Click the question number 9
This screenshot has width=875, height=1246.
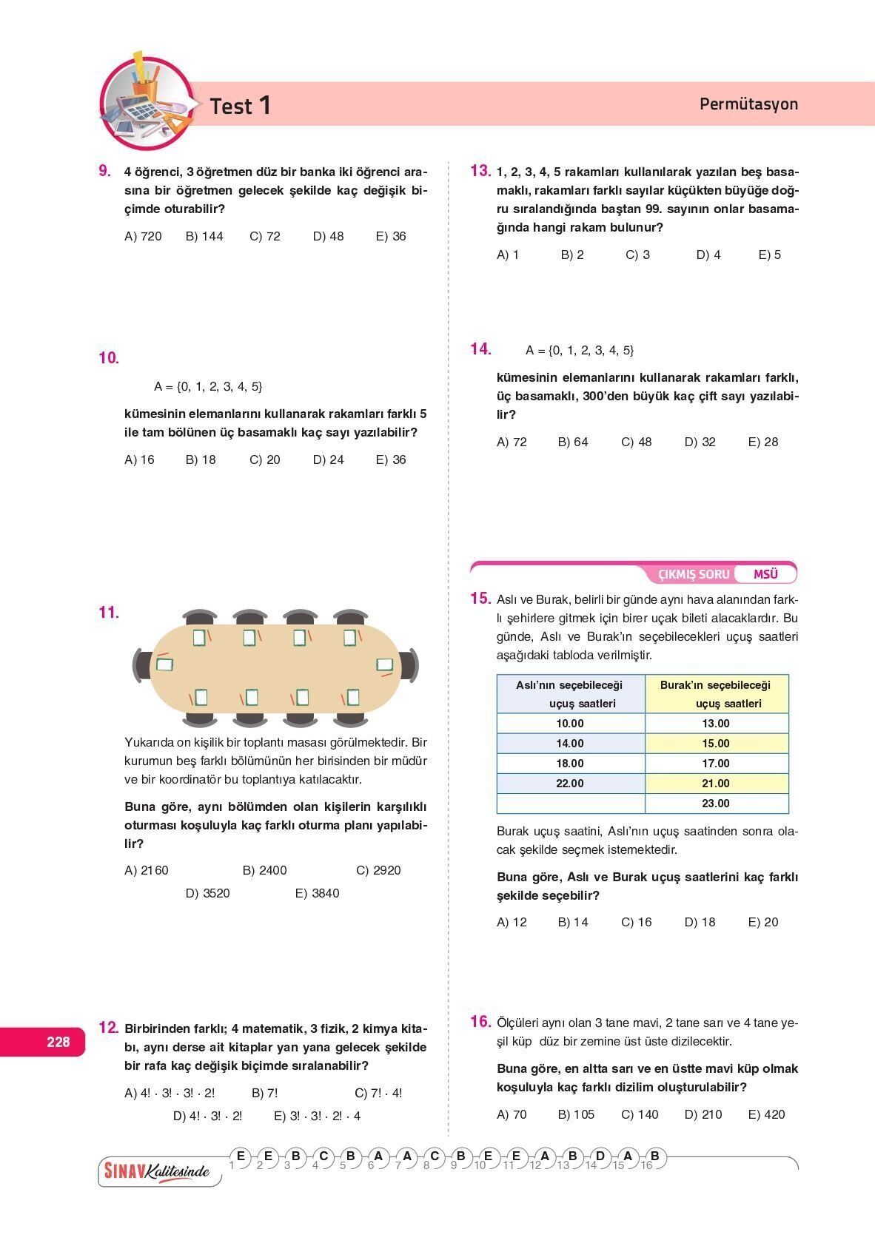[104, 171]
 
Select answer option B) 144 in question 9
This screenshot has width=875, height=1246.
[204, 237]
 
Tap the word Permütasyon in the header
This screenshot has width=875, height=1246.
[748, 104]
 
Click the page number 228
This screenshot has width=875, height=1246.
[58, 1042]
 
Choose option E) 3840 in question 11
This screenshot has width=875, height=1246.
[317, 893]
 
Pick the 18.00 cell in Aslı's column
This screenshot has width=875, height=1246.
[570, 764]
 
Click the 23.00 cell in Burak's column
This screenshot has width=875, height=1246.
[716, 804]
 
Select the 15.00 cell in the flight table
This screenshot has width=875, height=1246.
[716, 744]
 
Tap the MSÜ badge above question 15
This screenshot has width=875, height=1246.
[765, 574]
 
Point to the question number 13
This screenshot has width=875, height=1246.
[480, 171]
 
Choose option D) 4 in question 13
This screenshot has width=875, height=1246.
[708, 255]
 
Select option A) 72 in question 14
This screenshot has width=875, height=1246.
[512, 442]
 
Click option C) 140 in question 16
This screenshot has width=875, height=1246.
[640, 1114]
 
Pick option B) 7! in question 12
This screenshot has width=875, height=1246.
[265, 1093]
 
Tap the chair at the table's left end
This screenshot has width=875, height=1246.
[141, 664]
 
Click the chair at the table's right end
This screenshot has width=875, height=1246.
[410, 664]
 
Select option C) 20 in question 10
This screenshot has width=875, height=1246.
[265, 460]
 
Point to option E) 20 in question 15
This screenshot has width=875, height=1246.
[763, 923]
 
